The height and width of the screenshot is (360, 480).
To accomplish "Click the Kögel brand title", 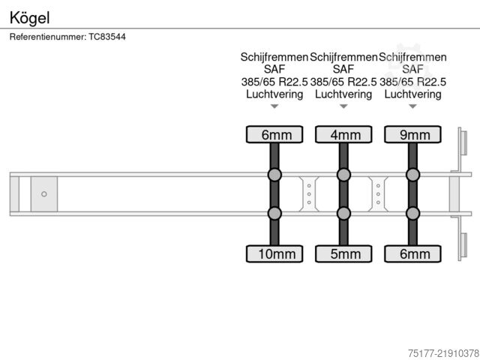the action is [x=29, y=18].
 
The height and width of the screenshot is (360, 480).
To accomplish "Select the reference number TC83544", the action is [x=107, y=37].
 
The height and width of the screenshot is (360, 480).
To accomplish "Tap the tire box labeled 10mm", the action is [x=274, y=253].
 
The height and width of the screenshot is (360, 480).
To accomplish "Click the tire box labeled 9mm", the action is [x=412, y=134].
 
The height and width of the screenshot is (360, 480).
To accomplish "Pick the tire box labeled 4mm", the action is [x=343, y=134].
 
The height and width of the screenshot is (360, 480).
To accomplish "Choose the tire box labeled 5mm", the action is [x=343, y=253].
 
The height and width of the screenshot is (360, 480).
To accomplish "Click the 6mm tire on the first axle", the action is [x=274, y=134].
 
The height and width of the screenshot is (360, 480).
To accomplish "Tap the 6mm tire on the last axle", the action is [x=412, y=253].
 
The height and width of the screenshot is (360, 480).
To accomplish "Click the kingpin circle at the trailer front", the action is [x=44, y=194].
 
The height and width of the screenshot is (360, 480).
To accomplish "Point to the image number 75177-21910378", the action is [x=443, y=353].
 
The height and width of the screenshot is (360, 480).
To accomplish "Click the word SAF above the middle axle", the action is [x=343, y=69].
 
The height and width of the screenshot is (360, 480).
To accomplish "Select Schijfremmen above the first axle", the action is [x=274, y=57].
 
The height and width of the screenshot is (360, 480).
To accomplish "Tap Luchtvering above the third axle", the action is [x=412, y=94].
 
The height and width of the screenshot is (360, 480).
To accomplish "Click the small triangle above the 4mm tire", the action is [x=343, y=106].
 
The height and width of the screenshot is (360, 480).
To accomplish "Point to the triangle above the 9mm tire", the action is [x=412, y=106].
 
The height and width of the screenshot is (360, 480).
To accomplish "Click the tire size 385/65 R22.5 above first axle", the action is [x=274, y=82].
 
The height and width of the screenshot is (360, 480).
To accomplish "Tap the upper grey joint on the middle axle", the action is [x=343, y=175].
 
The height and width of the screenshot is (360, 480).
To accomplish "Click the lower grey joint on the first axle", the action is [x=274, y=213].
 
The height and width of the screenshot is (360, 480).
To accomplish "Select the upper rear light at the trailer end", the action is [x=463, y=142].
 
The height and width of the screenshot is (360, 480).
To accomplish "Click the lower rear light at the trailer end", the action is [x=463, y=245].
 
